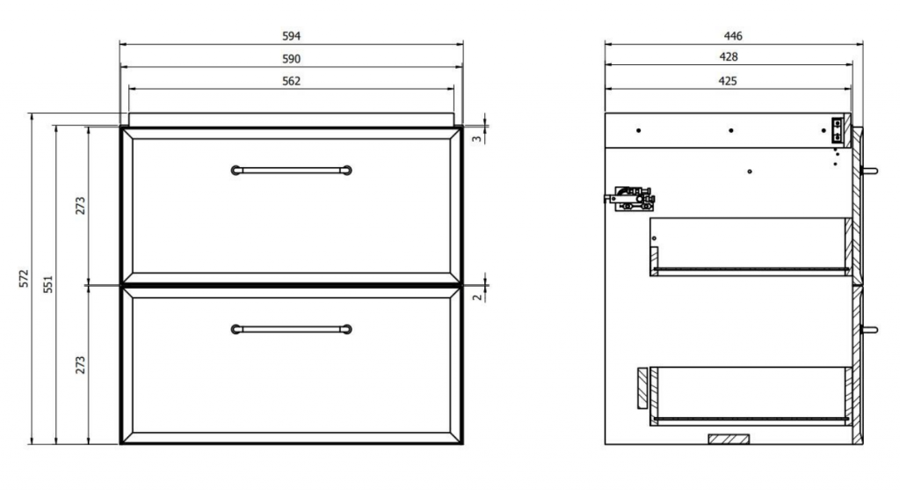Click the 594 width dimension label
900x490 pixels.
tap(291, 36)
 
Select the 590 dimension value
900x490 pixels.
tap(291, 59)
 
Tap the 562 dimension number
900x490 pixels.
tap(291, 82)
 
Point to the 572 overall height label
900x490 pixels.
tap(24, 279)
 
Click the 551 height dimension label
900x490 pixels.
tap(48, 284)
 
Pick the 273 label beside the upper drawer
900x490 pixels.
tap(80, 206)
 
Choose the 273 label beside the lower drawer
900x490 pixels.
tap(80, 365)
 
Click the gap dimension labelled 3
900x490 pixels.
tap(477, 138)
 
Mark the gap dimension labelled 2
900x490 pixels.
tap(477, 297)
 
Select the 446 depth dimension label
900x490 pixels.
tap(733, 36)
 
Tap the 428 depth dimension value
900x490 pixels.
tap(729, 57)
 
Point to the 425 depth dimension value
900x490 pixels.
tap(727, 81)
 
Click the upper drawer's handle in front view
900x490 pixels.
tap(292, 170)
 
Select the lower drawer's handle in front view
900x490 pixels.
tap(292, 329)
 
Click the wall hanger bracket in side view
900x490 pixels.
tap(630, 199)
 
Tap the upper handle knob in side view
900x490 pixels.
tap(869, 171)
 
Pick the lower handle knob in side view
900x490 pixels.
tap(869, 330)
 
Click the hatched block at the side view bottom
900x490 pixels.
tap(729, 440)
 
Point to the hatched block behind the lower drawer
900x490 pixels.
tap(642, 388)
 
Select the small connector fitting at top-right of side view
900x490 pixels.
tap(838, 130)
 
